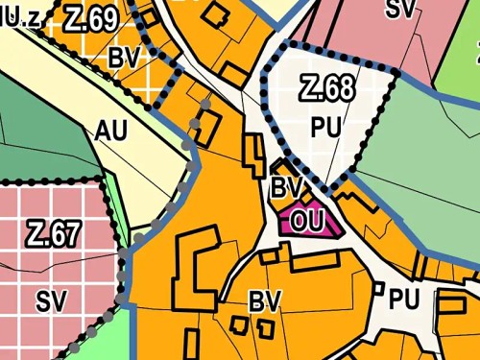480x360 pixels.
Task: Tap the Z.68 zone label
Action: (326, 89)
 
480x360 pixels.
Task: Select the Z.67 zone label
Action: (52, 233)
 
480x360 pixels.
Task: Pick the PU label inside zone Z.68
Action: (326, 125)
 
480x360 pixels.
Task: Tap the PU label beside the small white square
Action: (405, 299)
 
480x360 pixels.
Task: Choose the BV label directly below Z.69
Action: (125, 58)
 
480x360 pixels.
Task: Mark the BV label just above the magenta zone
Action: (288, 184)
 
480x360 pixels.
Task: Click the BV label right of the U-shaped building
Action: (264, 301)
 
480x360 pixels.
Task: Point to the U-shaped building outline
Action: (195, 264)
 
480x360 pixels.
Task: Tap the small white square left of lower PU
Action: (377, 288)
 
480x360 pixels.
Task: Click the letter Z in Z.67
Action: (34, 233)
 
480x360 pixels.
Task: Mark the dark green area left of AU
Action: (34, 125)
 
